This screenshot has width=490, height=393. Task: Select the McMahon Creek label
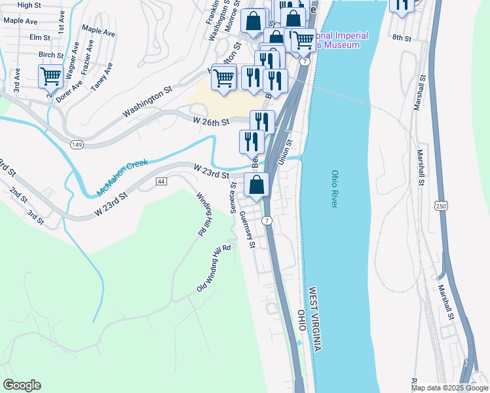click(122, 177)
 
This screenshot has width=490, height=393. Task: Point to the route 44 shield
click(162, 181)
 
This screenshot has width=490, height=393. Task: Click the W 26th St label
click(212, 122)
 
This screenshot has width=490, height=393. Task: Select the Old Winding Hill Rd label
click(214, 269)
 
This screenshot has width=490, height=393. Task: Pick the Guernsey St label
click(247, 230)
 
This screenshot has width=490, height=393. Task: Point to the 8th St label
click(401, 39)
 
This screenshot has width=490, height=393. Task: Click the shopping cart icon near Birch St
click(50, 77)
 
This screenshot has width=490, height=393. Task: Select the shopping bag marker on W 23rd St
click(257, 185)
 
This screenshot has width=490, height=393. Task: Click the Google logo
click(22, 385)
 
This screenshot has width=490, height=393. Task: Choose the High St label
click(29, 5)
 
